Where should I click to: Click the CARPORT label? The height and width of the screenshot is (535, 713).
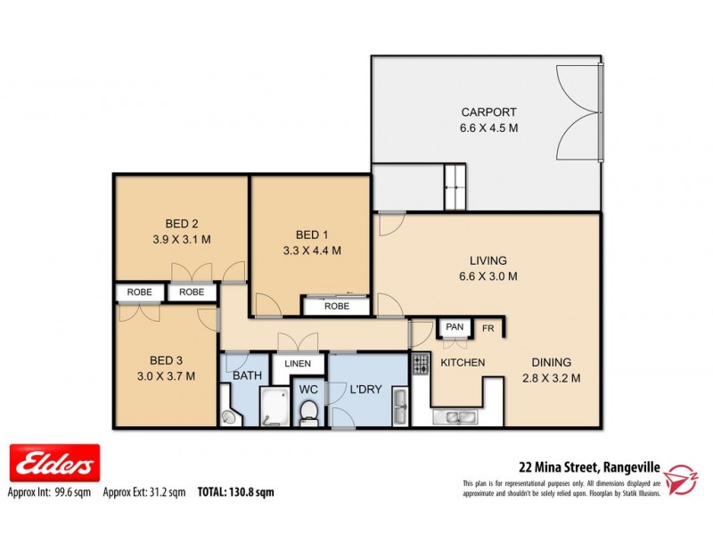coord(488,112)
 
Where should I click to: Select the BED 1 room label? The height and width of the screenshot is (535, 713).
coord(310,235)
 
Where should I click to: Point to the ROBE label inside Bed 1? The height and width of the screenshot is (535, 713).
coord(336,307)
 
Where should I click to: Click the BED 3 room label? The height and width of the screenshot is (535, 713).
coord(167,360)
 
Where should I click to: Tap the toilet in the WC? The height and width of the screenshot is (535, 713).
coord(308,412)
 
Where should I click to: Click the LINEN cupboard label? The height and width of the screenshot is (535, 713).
coord(297,364)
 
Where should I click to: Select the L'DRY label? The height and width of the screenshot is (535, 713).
coord(366,390)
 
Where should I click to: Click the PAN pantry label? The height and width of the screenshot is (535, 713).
coord(455,327)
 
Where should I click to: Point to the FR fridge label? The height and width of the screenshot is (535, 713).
coord(488,328)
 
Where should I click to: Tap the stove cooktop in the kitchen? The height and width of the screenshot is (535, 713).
coord(420,364)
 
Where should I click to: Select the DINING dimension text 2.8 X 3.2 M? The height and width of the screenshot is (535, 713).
coord(551,378)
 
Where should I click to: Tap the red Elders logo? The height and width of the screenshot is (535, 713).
coord(54,464)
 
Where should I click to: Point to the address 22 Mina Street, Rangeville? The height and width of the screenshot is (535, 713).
coord(588,465)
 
